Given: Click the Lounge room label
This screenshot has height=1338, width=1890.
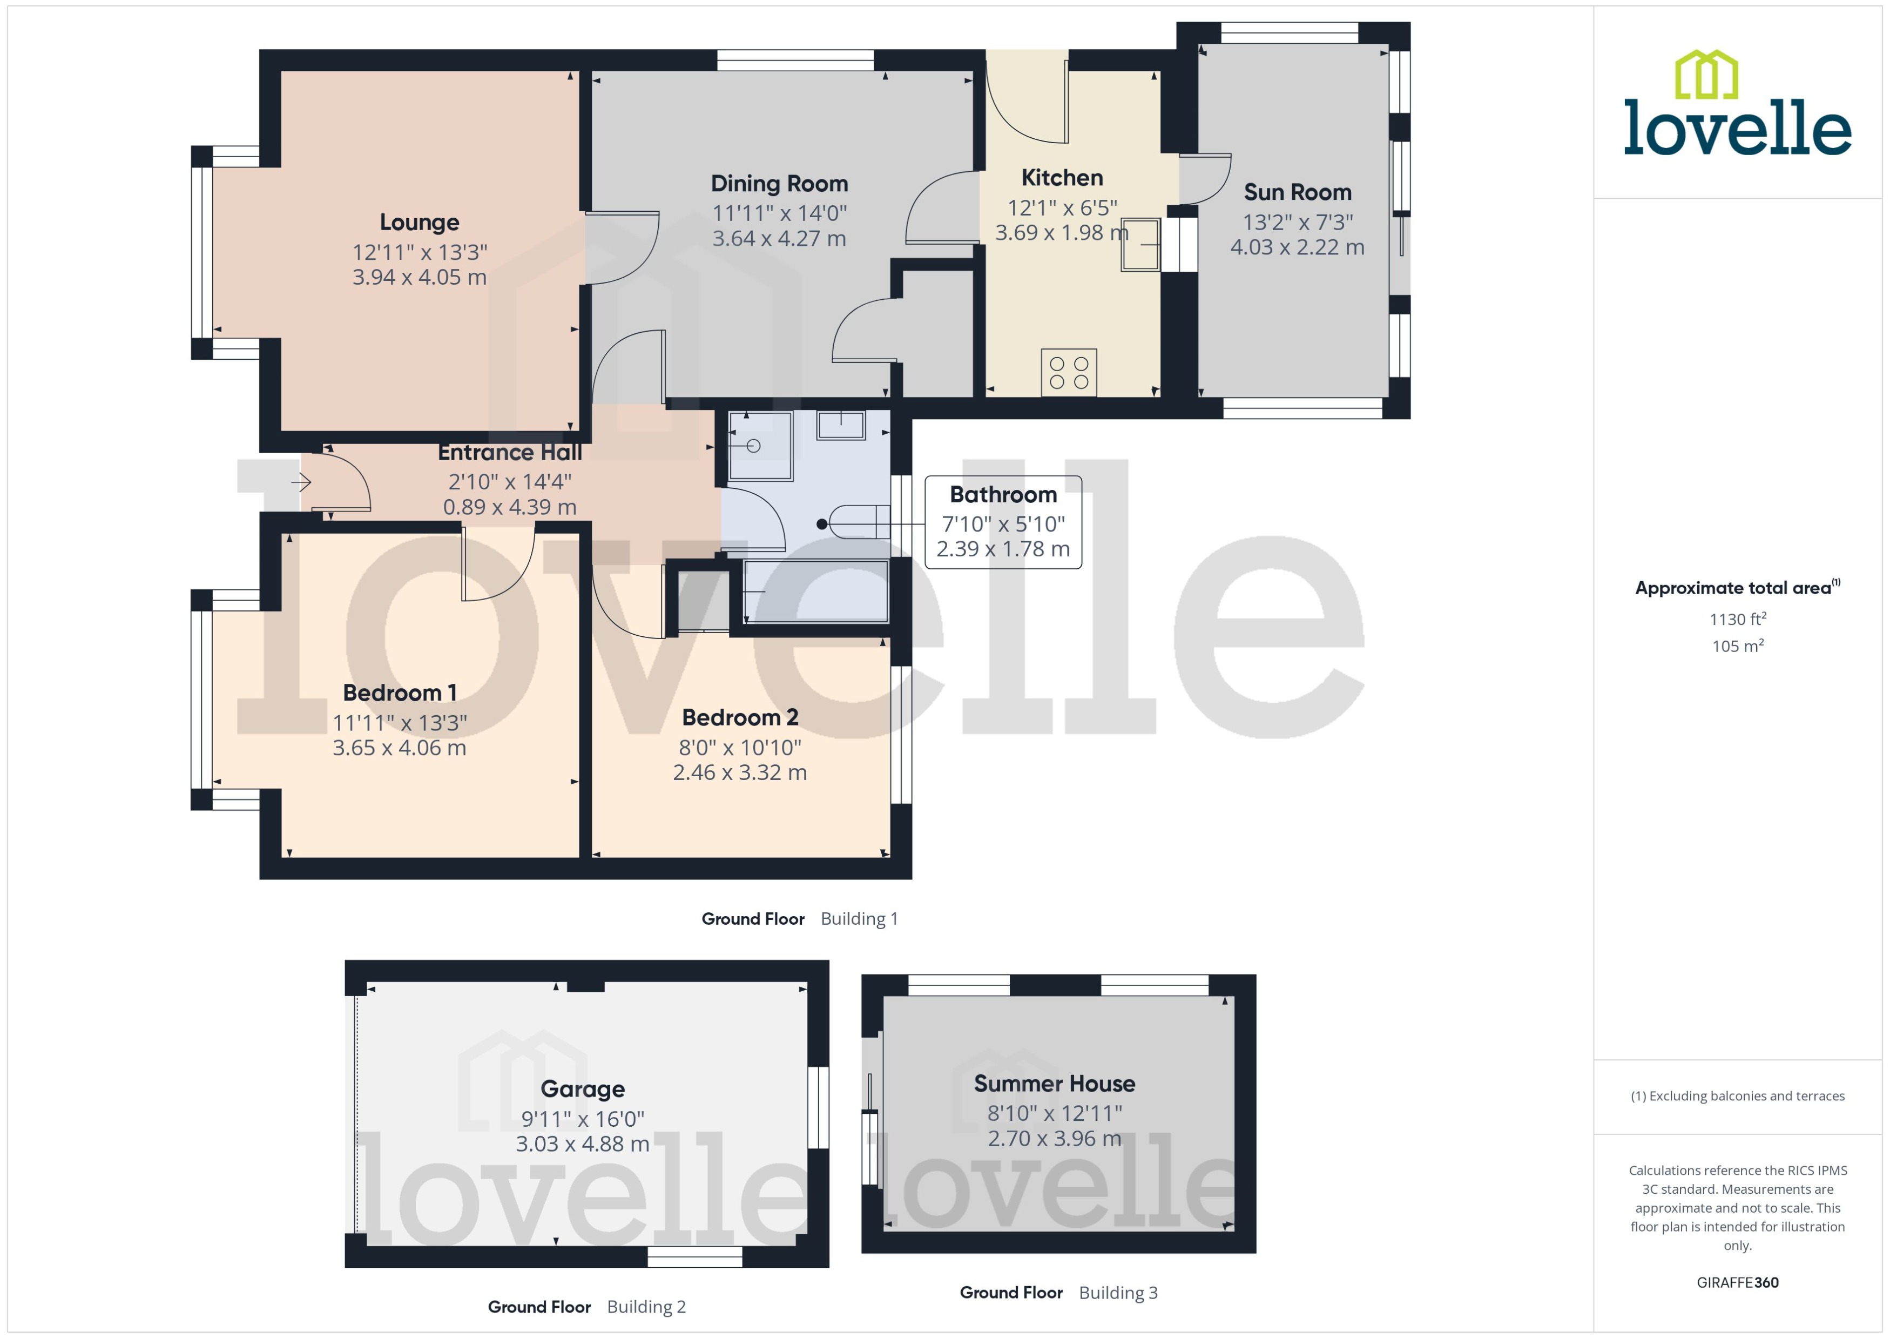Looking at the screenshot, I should (x=419, y=223).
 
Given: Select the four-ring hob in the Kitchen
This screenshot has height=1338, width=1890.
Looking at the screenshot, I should (x=1068, y=372).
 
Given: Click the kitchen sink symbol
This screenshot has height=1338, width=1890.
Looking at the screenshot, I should (x=1140, y=245).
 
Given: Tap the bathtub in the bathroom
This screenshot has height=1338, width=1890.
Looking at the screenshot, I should (x=815, y=591).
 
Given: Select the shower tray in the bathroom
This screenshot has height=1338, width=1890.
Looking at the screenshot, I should (x=759, y=446).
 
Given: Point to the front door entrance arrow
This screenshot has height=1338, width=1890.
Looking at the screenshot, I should (x=301, y=482).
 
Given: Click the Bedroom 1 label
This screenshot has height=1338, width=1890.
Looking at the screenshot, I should (x=400, y=693).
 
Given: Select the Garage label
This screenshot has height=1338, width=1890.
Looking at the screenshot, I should (x=582, y=1089).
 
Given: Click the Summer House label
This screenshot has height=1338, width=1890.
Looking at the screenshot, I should (x=1054, y=1084).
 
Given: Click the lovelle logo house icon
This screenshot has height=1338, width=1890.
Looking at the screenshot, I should (x=1706, y=75).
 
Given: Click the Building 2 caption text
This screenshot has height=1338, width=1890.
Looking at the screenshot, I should (x=646, y=1307).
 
